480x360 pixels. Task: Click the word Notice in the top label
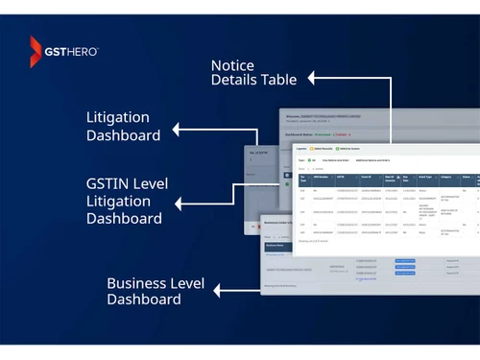pos(233,64)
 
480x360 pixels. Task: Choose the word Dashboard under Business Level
pos(143,299)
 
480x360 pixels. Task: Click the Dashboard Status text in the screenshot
pos(301,135)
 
